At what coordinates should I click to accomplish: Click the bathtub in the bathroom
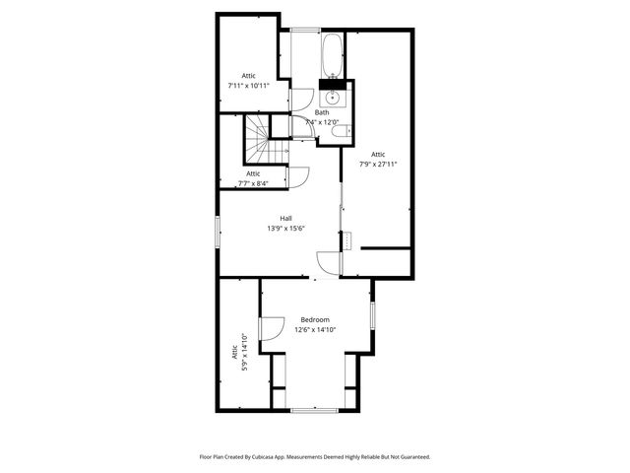coord(331,55)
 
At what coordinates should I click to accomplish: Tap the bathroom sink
coord(332,98)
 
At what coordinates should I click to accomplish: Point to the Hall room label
coord(285,218)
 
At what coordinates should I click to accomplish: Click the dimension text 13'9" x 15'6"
coord(285,229)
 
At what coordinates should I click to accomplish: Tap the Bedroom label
coord(315,319)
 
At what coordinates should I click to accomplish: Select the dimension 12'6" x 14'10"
coord(315,330)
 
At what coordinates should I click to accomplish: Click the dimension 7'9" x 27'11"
coord(378,164)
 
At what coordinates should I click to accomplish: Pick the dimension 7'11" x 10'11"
coord(249,86)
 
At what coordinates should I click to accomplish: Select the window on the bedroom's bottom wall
coord(315,408)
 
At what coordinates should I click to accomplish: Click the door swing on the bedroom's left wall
coord(270,331)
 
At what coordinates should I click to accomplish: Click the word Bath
coord(322,112)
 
